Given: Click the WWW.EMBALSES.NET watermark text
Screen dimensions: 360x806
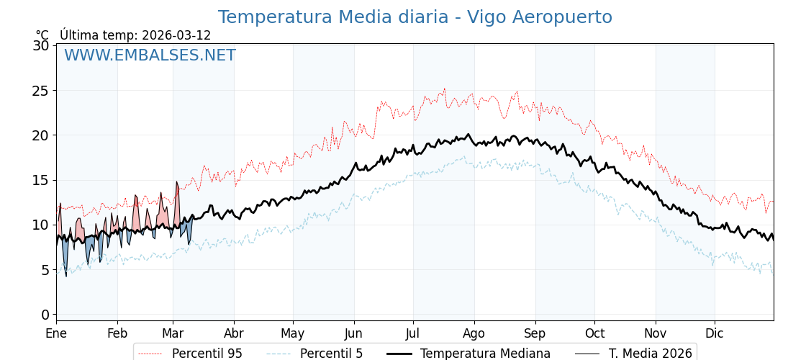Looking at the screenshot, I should click(x=150, y=55).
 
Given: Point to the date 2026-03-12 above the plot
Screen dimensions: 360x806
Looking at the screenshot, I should click(x=176, y=35).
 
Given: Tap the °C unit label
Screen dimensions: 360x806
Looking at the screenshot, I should click(x=42, y=35).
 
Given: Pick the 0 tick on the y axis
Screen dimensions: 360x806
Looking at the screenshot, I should click(x=45, y=315).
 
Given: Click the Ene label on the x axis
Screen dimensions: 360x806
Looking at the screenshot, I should click(x=56, y=333).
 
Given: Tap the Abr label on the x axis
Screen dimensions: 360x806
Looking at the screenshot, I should click(x=234, y=333).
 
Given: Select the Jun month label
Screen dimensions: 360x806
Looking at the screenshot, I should click(x=353, y=333).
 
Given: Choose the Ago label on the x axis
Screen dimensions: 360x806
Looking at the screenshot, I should click(x=474, y=333).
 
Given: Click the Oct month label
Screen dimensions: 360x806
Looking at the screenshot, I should click(x=594, y=333).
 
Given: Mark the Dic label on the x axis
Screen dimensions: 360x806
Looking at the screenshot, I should click(x=715, y=333).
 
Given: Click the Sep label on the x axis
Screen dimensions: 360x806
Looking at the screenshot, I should click(x=535, y=333).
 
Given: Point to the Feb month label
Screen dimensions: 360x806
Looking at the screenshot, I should click(x=117, y=333).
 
